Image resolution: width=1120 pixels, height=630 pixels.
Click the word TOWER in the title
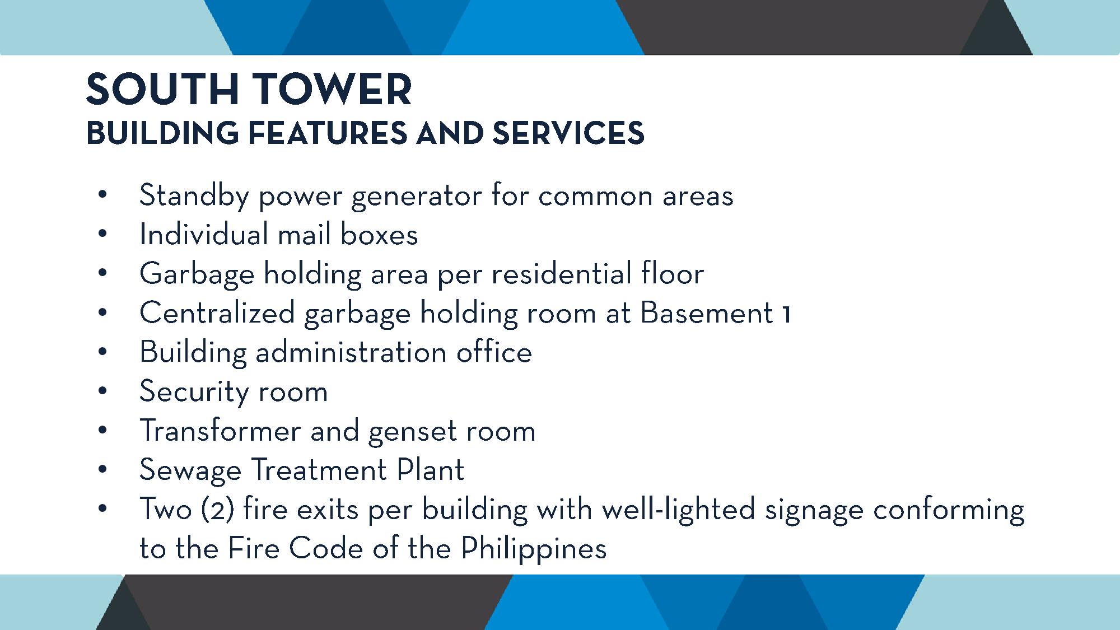(x=333, y=90)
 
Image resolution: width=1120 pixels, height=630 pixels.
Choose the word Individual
(x=204, y=234)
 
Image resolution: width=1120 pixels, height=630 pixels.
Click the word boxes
(x=379, y=234)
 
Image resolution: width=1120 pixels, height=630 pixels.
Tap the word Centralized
(x=217, y=312)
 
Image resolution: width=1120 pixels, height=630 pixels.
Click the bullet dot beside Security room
(x=102, y=391)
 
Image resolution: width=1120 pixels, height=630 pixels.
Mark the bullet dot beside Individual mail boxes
(x=102, y=235)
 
